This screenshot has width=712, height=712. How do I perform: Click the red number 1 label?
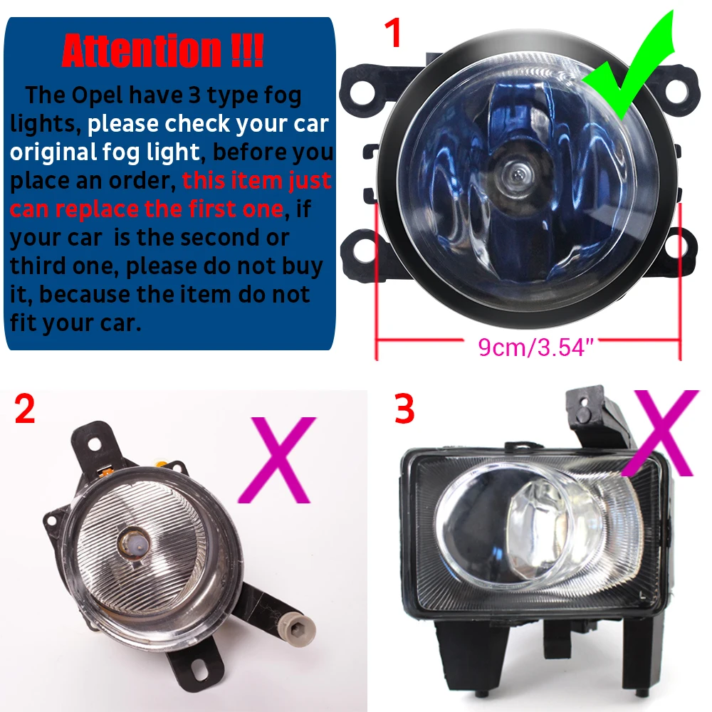392,33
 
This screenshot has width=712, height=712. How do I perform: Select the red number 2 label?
25,410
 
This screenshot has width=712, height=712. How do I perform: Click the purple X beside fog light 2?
277,460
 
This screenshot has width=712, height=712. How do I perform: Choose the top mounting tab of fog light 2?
93,441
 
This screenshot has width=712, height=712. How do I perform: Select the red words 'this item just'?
256,180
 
